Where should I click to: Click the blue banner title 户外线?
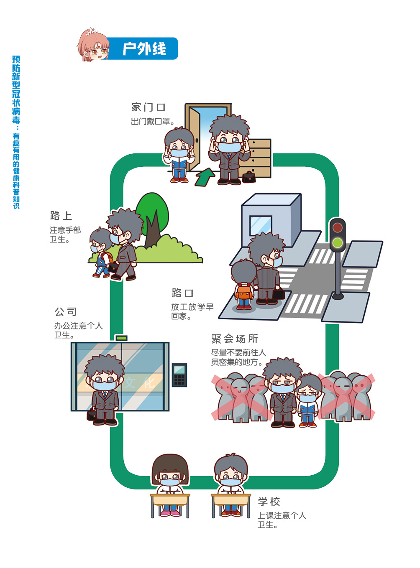coord(144,49)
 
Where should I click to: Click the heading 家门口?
coord(148,107)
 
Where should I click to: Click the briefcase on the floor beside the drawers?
coord(249,177)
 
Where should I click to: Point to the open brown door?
coord(193,138)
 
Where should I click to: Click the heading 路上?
coord(61,216)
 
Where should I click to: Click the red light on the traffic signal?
coord(337,228)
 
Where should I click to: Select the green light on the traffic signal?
coord(337,242)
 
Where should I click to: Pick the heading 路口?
coord(182,293)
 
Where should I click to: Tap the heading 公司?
coord(66,312)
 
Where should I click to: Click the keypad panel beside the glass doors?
coord(179,375)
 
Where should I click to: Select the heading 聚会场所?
coord(235,339)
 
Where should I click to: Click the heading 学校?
coord(269,502)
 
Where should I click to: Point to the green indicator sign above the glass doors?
coord(121,338)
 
